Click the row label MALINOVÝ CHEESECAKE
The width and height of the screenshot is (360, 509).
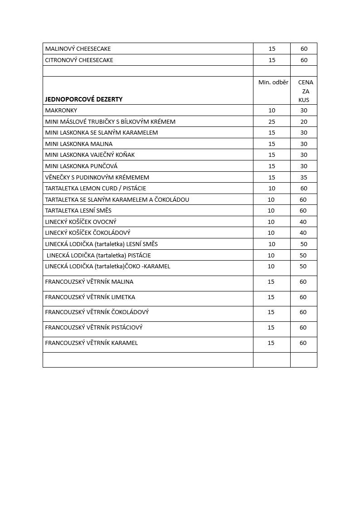point(78,49)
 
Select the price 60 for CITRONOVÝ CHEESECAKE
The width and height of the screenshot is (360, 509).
point(304,60)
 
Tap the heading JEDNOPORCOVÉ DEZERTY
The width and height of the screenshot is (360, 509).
point(84,99)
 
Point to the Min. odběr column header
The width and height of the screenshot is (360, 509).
point(273,82)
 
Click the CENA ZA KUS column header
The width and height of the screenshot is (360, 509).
point(305,91)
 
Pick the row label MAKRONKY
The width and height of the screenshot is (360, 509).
point(61,111)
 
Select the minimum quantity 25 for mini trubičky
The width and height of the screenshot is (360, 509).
point(272,122)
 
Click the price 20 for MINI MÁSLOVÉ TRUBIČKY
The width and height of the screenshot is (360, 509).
point(304,122)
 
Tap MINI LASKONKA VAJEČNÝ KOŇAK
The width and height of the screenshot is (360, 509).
point(90,155)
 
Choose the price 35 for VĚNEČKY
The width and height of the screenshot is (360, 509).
point(304,177)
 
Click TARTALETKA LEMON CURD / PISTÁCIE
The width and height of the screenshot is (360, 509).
point(96,189)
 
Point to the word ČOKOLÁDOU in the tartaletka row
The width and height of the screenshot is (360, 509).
point(172,200)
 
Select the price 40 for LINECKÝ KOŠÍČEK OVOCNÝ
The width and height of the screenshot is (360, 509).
point(303,222)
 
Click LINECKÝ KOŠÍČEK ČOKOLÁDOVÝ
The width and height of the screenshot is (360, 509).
point(88,233)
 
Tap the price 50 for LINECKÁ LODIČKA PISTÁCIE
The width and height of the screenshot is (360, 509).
point(303,256)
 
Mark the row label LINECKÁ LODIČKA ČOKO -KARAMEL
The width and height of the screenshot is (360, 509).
point(108,267)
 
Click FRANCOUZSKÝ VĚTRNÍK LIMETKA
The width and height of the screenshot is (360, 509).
point(90,297)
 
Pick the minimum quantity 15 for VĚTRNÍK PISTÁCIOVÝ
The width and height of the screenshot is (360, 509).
point(271,328)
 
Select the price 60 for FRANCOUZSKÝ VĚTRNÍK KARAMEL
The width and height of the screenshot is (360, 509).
point(303,343)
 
